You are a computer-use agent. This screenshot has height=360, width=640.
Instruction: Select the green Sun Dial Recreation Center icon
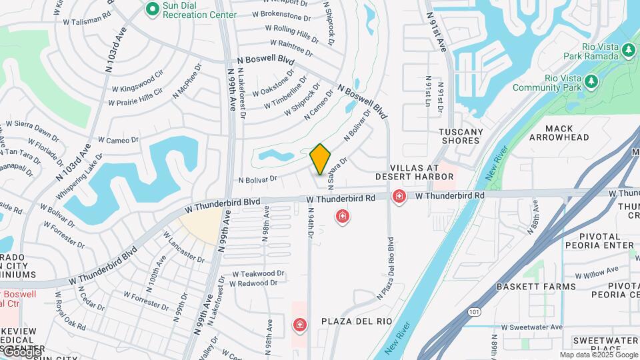[x=152, y=9]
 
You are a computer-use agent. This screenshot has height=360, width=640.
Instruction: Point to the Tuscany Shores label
[x=461, y=136]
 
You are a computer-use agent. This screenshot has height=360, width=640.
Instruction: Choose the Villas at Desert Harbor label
[x=414, y=172]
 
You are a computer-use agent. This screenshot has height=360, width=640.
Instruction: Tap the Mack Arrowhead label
[x=559, y=133]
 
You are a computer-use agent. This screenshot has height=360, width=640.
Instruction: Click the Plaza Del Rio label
[x=357, y=321]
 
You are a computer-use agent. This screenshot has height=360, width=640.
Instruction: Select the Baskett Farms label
[x=536, y=287]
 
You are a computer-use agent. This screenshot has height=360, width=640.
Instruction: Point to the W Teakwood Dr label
[x=258, y=274]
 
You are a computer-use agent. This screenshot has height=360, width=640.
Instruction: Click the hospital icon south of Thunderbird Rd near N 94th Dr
[x=343, y=217]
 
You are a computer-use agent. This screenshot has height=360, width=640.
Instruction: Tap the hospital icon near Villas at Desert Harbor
[x=399, y=197]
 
